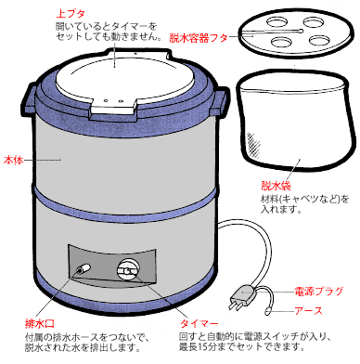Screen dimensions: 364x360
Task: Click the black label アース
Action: (x=309, y=310)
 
